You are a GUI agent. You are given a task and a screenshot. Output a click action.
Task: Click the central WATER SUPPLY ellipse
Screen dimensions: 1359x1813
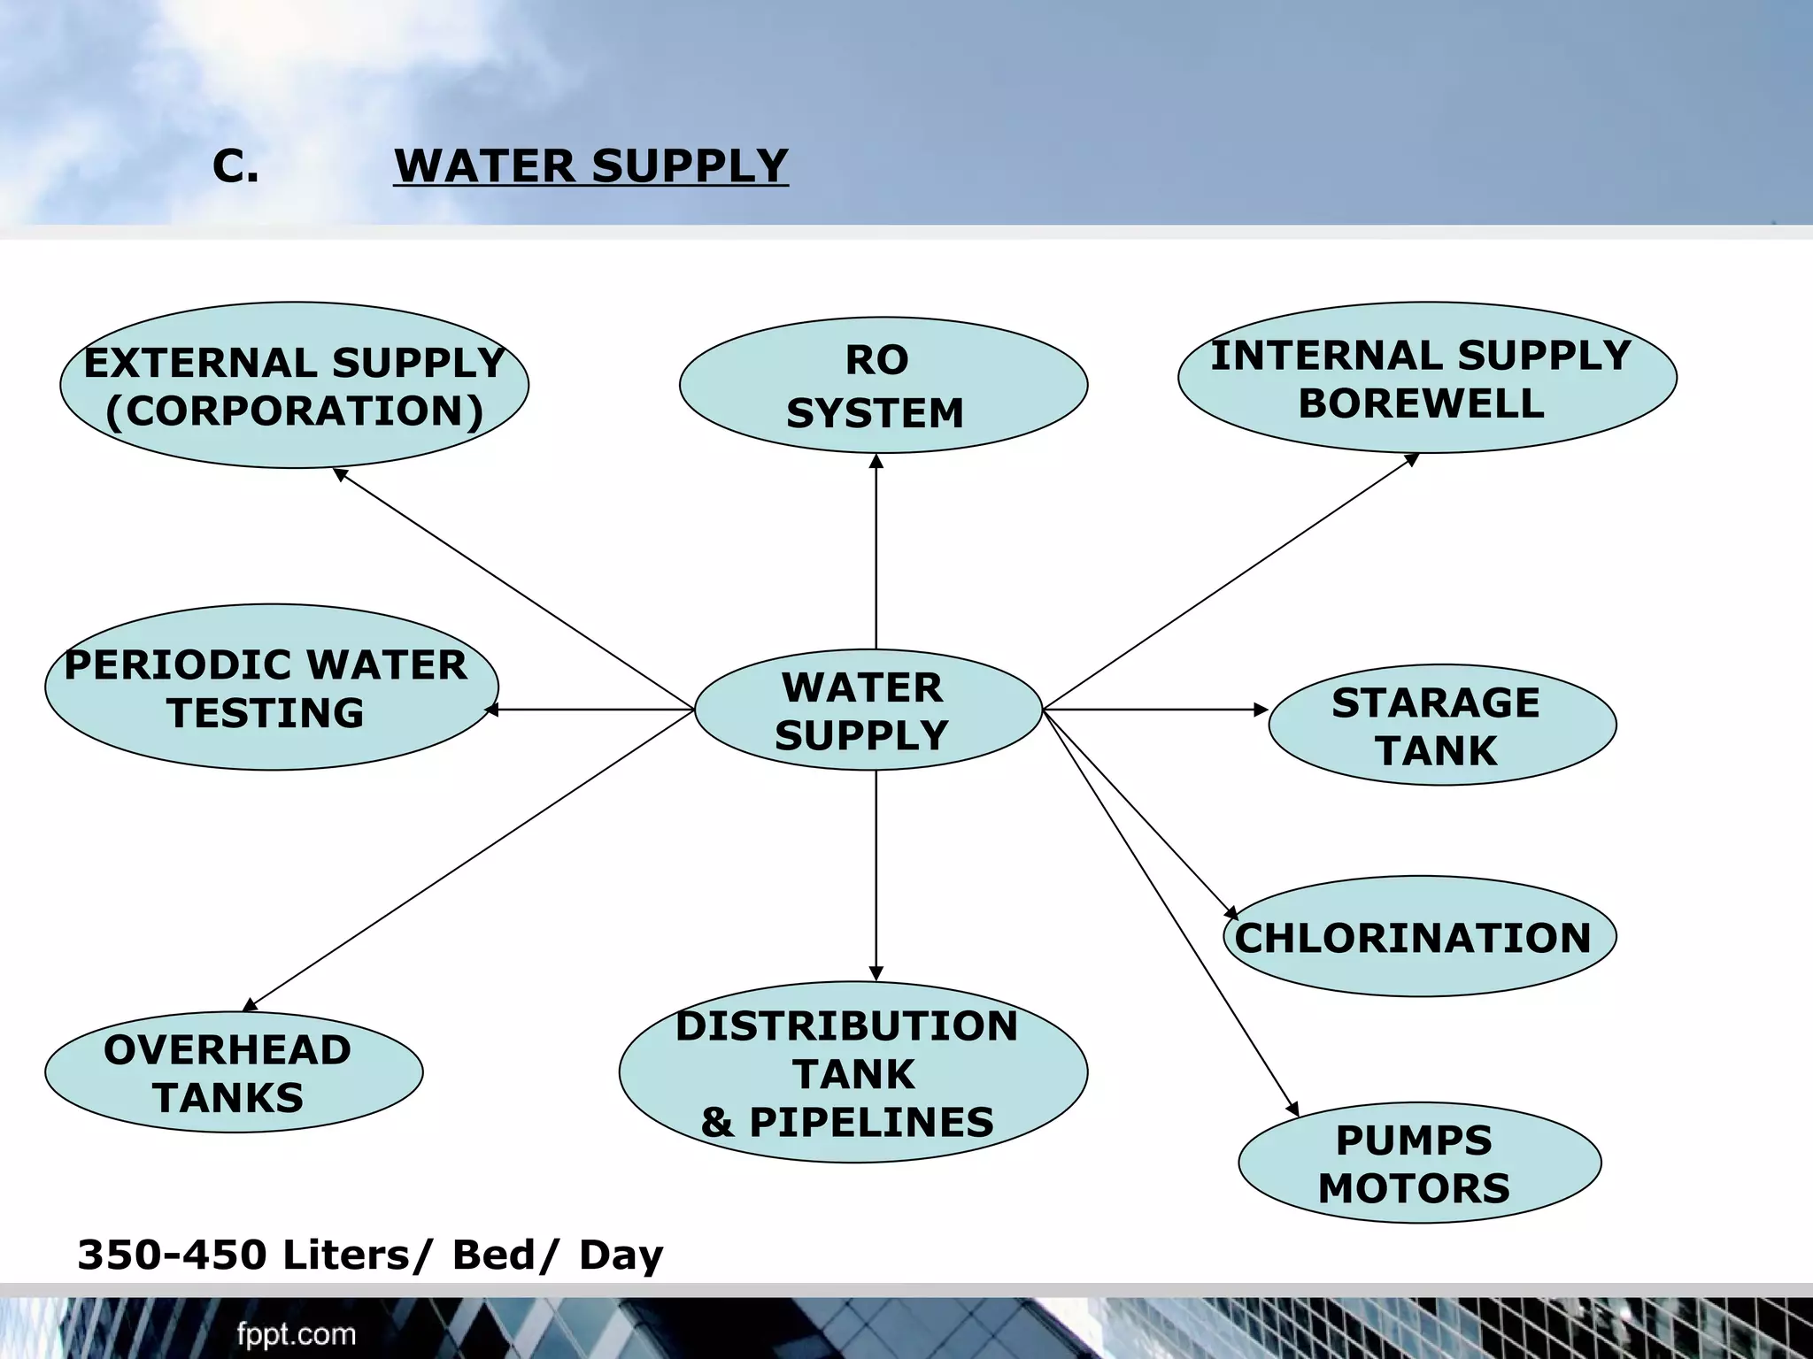(868, 710)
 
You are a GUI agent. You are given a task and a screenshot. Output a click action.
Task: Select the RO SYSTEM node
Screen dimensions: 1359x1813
(883, 386)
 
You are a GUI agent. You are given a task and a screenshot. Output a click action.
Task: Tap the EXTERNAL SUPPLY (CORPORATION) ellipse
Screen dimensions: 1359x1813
(294, 386)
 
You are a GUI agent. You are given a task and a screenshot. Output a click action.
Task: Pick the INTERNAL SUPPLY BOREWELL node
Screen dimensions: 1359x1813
(1426, 378)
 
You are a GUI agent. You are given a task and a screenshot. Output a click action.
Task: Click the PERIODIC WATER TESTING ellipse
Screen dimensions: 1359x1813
(271, 687)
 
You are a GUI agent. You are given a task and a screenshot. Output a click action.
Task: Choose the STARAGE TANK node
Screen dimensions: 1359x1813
(1441, 725)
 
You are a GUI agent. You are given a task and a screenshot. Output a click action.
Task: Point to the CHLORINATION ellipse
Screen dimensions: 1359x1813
(1419, 937)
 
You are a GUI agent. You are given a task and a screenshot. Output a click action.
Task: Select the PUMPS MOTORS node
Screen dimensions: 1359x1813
(1419, 1163)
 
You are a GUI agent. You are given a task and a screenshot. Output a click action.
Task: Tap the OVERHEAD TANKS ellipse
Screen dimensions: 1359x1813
(234, 1072)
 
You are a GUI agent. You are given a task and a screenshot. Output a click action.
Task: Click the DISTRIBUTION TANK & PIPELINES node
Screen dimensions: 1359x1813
(852, 1072)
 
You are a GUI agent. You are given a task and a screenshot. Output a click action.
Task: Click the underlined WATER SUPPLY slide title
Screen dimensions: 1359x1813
(590, 165)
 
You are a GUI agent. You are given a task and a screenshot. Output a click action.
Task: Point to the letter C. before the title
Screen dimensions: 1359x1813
(235, 165)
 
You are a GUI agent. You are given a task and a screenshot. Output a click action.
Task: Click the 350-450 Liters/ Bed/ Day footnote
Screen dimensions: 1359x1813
(370, 1255)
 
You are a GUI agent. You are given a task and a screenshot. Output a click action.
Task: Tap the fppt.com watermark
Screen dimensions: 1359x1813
(296, 1334)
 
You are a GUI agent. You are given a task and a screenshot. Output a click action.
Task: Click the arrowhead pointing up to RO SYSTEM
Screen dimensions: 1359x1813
(876, 461)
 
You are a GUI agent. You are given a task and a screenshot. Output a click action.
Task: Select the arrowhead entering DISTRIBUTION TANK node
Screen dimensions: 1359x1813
(876, 974)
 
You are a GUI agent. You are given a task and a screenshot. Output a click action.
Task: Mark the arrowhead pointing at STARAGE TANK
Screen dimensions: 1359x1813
(1262, 710)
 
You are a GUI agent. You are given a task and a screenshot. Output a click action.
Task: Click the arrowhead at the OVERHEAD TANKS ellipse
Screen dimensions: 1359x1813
(250, 1005)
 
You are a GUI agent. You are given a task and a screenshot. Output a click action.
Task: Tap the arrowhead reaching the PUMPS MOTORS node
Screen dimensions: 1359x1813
(1293, 1110)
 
